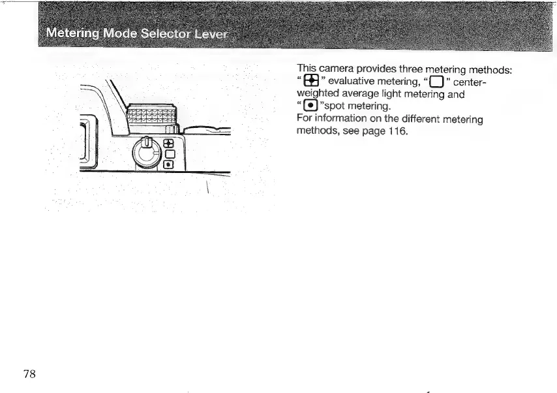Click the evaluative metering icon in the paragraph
tap(311, 82)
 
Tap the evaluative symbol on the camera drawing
tap(168, 144)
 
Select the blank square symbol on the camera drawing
tap(168, 155)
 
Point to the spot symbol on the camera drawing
tap(168, 165)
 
